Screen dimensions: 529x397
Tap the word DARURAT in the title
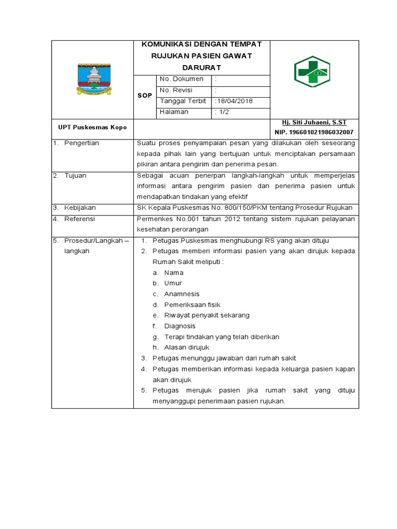coord(201,68)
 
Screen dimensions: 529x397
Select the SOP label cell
coord(144,96)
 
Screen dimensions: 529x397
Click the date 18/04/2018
coord(234,101)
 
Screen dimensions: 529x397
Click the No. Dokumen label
coord(181,79)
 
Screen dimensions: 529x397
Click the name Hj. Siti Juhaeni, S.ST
coord(314,122)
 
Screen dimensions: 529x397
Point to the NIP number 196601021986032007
coord(314,132)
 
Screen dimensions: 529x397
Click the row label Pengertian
coord(81,143)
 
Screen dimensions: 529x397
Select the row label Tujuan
coord(75,176)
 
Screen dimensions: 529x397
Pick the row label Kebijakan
coord(80,208)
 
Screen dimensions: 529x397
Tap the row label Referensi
coord(80,219)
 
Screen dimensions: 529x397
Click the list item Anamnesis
coord(181,294)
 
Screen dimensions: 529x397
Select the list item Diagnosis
coord(179,326)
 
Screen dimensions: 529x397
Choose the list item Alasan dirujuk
coord(187,347)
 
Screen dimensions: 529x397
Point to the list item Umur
coord(173,283)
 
